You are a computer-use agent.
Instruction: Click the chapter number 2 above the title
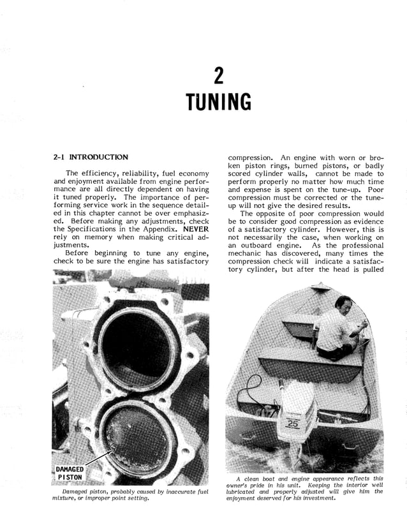(218, 77)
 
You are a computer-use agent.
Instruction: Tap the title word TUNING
(218, 102)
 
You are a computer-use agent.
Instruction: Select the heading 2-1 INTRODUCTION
(90, 157)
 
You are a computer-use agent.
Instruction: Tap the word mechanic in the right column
(248, 253)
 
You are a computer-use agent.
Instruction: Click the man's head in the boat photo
(344, 302)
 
